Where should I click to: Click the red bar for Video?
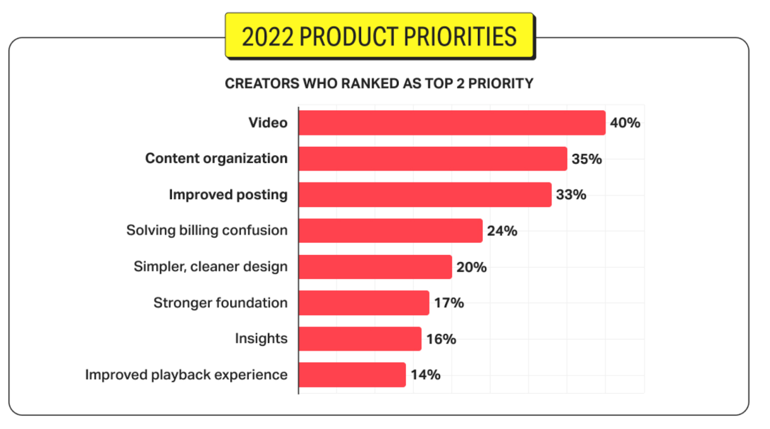(451, 123)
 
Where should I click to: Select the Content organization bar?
(432, 159)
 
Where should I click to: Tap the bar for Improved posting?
(424, 195)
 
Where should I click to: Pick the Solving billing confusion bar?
(390, 231)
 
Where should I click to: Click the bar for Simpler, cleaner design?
(375, 267)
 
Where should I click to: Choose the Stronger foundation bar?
(363, 303)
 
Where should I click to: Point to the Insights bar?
(359, 338)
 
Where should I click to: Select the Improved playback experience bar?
(352, 375)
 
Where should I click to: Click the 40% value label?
(625, 123)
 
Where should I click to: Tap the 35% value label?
(586, 159)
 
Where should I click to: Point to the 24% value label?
(502, 231)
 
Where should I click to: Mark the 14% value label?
(425, 375)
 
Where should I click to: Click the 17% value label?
(449, 303)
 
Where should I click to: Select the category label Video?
(268, 123)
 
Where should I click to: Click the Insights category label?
(261, 338)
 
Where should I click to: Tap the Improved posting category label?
(228, 195)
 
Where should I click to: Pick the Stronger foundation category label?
(220, 303)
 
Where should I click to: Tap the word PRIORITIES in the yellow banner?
(460, 37)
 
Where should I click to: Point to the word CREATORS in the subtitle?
(262, 84)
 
